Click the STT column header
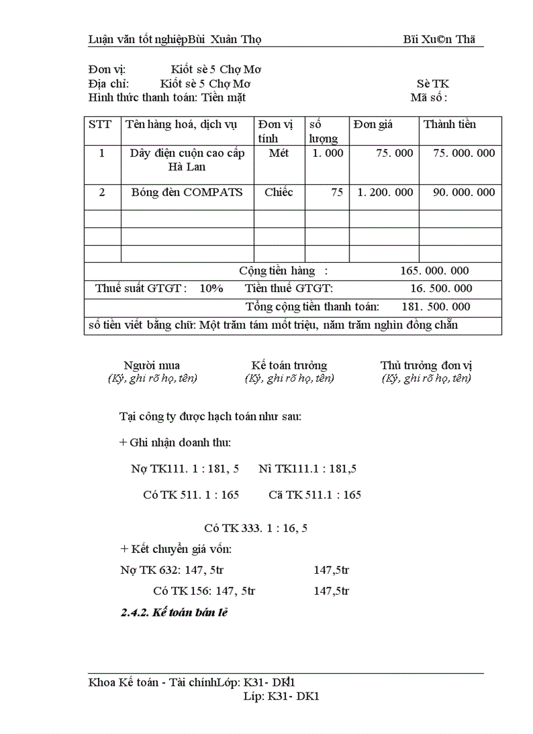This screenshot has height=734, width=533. point(100,124)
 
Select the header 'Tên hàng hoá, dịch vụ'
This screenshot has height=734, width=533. point(181,124)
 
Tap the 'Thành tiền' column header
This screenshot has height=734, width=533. point(449,124)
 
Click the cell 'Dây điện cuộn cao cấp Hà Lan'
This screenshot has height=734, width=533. point(187,160)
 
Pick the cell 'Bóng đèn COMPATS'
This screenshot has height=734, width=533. point(187,192)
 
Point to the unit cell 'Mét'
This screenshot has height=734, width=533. point(278,153)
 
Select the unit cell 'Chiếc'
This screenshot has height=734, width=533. point(279,192)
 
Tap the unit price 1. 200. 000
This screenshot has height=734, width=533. point(385,192)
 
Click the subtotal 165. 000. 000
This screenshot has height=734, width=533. point(434,271)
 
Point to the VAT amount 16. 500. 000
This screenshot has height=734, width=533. point(441,288)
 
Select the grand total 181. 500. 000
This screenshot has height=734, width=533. point(436,307)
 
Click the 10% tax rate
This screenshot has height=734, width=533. point(212,288)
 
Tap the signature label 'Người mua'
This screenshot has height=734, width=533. point(152,365)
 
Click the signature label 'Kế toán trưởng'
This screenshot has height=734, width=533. point(289,365)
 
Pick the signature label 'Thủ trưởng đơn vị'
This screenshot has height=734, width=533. point(426,365)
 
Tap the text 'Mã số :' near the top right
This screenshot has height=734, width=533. point(428,98)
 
